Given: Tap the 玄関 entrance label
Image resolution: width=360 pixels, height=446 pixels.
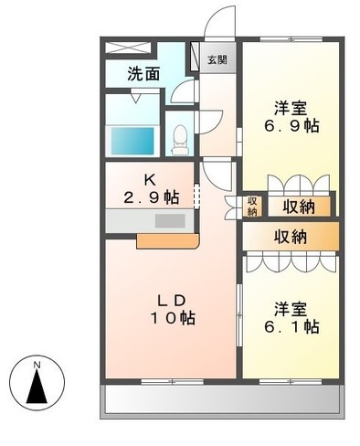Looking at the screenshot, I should coord(217,61).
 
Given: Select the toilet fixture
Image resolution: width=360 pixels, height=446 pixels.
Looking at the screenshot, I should coord(180,137).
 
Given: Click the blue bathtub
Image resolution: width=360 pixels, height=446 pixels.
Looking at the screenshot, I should coord(132,141).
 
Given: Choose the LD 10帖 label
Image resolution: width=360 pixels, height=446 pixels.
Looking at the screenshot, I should coord(174,309).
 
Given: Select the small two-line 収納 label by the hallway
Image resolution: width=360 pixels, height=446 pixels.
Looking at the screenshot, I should coord(251,207).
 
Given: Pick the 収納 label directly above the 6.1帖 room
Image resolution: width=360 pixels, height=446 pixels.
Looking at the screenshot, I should coord(292,236).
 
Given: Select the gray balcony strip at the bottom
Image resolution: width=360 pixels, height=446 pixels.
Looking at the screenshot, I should coord(224,399).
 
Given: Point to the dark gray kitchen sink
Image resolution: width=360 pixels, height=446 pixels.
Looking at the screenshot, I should coord(168,221).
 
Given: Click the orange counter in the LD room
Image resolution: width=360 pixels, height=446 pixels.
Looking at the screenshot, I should coord(167,241).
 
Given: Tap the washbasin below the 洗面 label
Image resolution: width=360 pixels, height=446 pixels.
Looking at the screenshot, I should coord(144,95).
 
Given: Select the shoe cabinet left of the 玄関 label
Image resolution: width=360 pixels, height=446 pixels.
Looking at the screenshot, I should coord(195,60).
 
